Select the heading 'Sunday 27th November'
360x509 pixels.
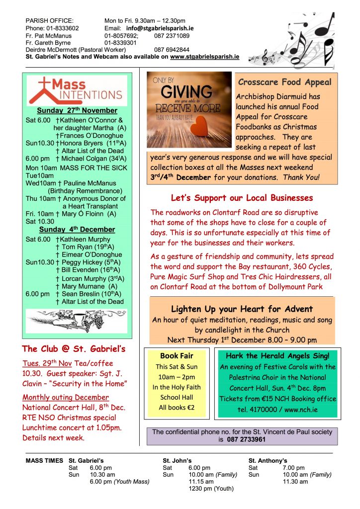[78, 110]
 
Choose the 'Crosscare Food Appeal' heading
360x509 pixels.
[284, 82]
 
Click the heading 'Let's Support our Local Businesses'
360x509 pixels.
[242, 198]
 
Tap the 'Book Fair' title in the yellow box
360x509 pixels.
[177, 355]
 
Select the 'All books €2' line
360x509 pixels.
[177, 408]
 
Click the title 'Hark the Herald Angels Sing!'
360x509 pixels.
[277, 355]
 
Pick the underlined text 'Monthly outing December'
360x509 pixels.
[66, 397]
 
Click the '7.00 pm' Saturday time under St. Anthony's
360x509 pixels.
[294, 468]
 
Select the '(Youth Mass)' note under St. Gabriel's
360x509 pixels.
[132, 482]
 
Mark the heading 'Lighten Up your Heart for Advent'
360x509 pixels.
[242, 309]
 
